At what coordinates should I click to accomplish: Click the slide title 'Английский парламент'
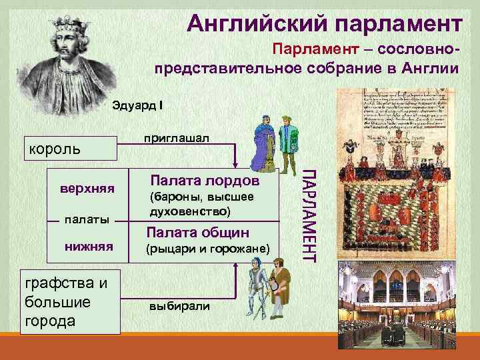click(323, 24)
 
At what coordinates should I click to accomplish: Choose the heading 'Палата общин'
click(198, 232)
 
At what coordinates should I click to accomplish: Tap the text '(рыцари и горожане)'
click(207, 249)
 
